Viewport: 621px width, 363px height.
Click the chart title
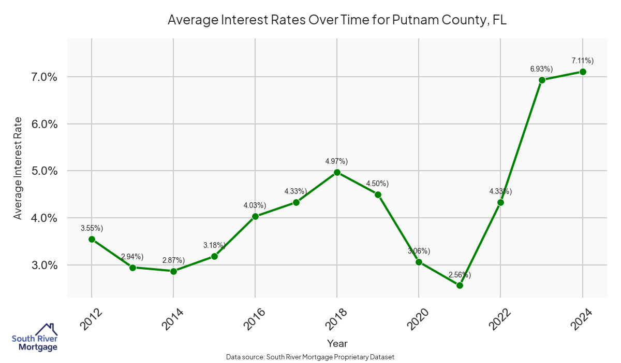[336, 20]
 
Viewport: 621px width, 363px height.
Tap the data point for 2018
[337, 172]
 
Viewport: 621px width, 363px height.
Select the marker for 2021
[460, 285]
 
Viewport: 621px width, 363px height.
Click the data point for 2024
[583, 72]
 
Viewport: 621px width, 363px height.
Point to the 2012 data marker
[92, 239]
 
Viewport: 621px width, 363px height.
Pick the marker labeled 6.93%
[542, 80]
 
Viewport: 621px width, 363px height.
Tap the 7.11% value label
[582, 60]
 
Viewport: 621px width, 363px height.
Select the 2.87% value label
[173, 259]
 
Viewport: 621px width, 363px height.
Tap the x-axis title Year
[337, 343]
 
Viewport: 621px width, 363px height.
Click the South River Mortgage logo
[35, 338]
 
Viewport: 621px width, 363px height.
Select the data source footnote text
[310, 357]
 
